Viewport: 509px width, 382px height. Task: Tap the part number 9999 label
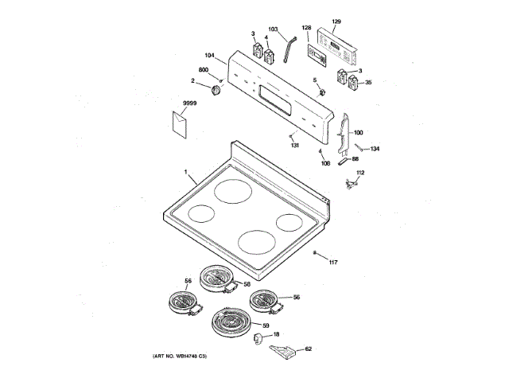tap(189, 104)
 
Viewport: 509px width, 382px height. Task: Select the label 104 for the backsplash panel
tap(210, 56)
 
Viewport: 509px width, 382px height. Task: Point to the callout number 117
tap(333, 263)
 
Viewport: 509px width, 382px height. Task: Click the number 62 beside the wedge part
tap(309, 349)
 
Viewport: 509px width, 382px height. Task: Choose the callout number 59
tap(266, 326)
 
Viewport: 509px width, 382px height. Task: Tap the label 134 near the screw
tap(375, 149)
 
